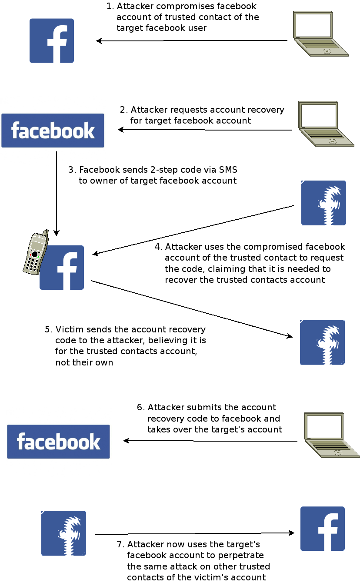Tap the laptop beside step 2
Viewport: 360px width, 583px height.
click(x=326, y=124)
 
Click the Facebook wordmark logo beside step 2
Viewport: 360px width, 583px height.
click(x=53, y=131)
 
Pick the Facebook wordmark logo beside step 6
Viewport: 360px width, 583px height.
click(x=58, y=442)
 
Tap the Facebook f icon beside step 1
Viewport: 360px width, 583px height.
click(x=52, y=40)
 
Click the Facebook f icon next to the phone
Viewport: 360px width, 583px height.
click(x=62, y=268)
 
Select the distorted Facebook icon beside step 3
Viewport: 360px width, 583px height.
click(x=323, y=203)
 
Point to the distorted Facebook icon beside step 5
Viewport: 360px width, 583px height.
click(x=322, y=342)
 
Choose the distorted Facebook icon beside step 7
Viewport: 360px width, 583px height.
click(x=63, y=533)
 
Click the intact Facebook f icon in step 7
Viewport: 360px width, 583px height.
click(x=323, y=529)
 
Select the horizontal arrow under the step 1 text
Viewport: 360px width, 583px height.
click(x=191, y=41)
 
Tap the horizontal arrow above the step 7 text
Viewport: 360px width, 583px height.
click(x=194, y=533)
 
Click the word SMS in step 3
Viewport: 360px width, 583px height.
click(x=227, y=170)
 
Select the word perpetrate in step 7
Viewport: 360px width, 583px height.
click(x=242, y=556)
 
